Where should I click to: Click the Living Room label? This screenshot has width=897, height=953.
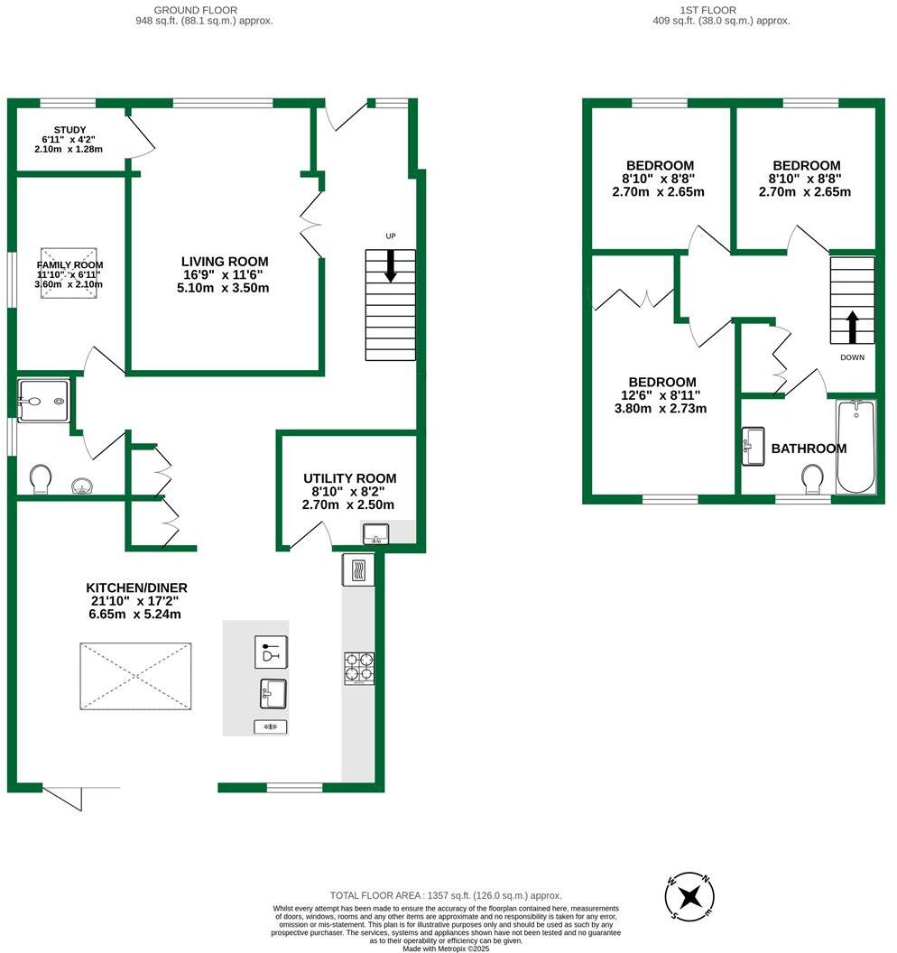225,262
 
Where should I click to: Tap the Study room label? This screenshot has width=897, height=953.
69,130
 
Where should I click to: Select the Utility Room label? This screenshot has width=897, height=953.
349,478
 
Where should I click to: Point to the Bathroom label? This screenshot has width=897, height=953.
809,449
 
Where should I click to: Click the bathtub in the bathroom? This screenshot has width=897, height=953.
855,446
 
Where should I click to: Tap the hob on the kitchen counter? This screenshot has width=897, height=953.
358,668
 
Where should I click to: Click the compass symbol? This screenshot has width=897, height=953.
690,896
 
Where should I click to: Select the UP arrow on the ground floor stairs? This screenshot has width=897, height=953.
391,266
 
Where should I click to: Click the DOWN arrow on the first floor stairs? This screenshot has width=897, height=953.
852,327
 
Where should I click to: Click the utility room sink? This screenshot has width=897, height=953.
376,534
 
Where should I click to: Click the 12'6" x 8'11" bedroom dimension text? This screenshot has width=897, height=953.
662,395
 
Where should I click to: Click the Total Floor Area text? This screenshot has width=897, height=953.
446,894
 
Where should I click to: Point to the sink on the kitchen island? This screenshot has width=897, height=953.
273,693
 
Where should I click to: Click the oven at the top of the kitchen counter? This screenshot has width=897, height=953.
357,570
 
